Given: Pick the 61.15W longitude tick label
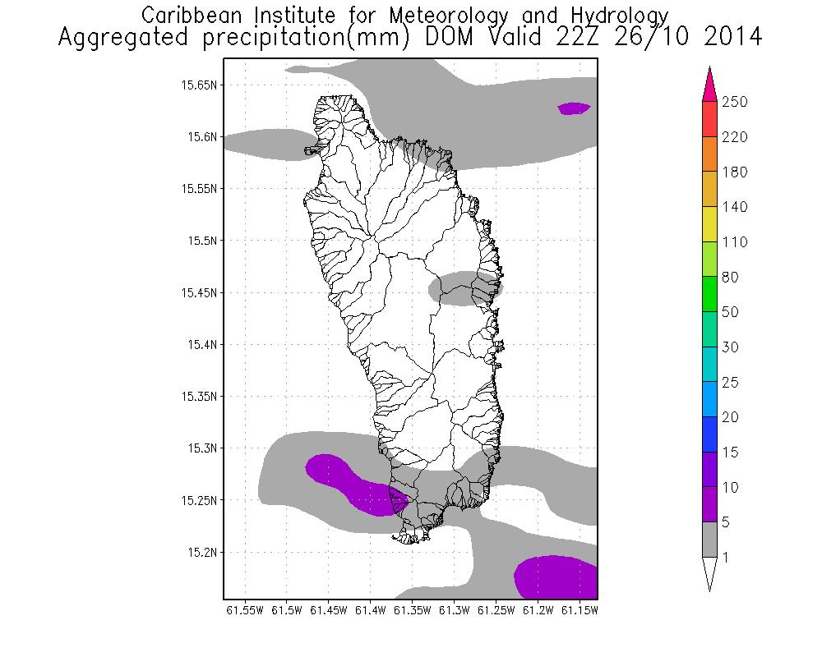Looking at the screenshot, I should pyautogui.click(x=582, y=611).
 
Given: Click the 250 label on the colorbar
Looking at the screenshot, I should pyautogui.click(x=734, y=103).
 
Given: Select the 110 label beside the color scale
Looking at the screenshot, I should pyautogui.click(x=734, y=242).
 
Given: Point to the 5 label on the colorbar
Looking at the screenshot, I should pyautogui.click(x=726, y=522).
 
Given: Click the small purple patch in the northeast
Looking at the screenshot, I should pyautogui.click(x=574, y=108).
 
